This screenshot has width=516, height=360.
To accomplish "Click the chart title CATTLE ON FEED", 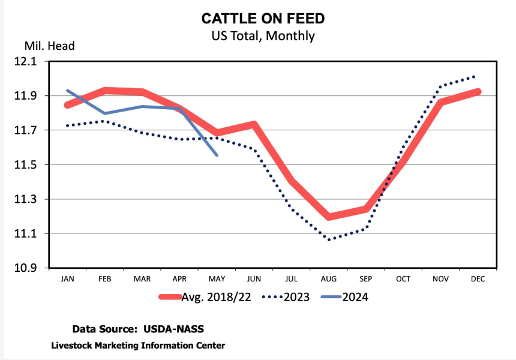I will click(x=263, y=19).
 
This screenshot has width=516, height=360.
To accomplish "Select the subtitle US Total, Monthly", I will click(x=263, y=36).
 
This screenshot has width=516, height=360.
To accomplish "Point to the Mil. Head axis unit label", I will click(x=50, y=46).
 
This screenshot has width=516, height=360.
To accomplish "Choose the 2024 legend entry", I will click(x=344, y=296).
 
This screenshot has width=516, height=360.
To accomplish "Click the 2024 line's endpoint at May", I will click(x=217, y=155).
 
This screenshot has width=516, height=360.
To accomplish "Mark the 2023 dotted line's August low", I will click(x=328, y=239).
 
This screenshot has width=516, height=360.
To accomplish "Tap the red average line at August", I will click(x=328, y=217).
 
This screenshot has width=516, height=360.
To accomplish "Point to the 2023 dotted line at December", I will click(x=475, y=76).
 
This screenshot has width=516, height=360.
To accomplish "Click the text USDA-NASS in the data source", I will click(x=178, y=329).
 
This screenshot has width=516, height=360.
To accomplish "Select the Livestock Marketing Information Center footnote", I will click(x=138, y=345).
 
